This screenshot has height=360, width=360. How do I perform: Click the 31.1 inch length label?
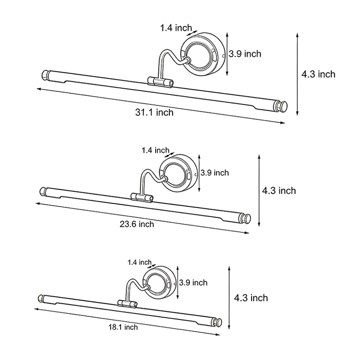coord(154,112)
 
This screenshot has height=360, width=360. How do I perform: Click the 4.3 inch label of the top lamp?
coord(319,74)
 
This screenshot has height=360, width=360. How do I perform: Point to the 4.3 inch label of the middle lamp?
coord(279,191)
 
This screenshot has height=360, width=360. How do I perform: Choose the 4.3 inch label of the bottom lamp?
coord(251,298)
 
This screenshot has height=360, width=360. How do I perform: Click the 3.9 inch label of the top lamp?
coord(245,54)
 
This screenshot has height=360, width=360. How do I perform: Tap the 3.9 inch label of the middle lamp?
coord(215,173)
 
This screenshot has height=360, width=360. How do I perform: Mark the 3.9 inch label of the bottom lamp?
coord(193,283)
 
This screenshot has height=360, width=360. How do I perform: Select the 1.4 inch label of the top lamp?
coord(176,28)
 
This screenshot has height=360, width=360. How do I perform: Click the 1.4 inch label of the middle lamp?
coord(155,150)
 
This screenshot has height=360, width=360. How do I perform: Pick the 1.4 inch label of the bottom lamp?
coord(139,262)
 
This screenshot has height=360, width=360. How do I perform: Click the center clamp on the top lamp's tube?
coord(160,82)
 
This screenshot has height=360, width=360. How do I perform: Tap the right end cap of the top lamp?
coord(281,107)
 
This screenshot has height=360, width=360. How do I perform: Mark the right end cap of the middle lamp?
coord(245,218)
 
